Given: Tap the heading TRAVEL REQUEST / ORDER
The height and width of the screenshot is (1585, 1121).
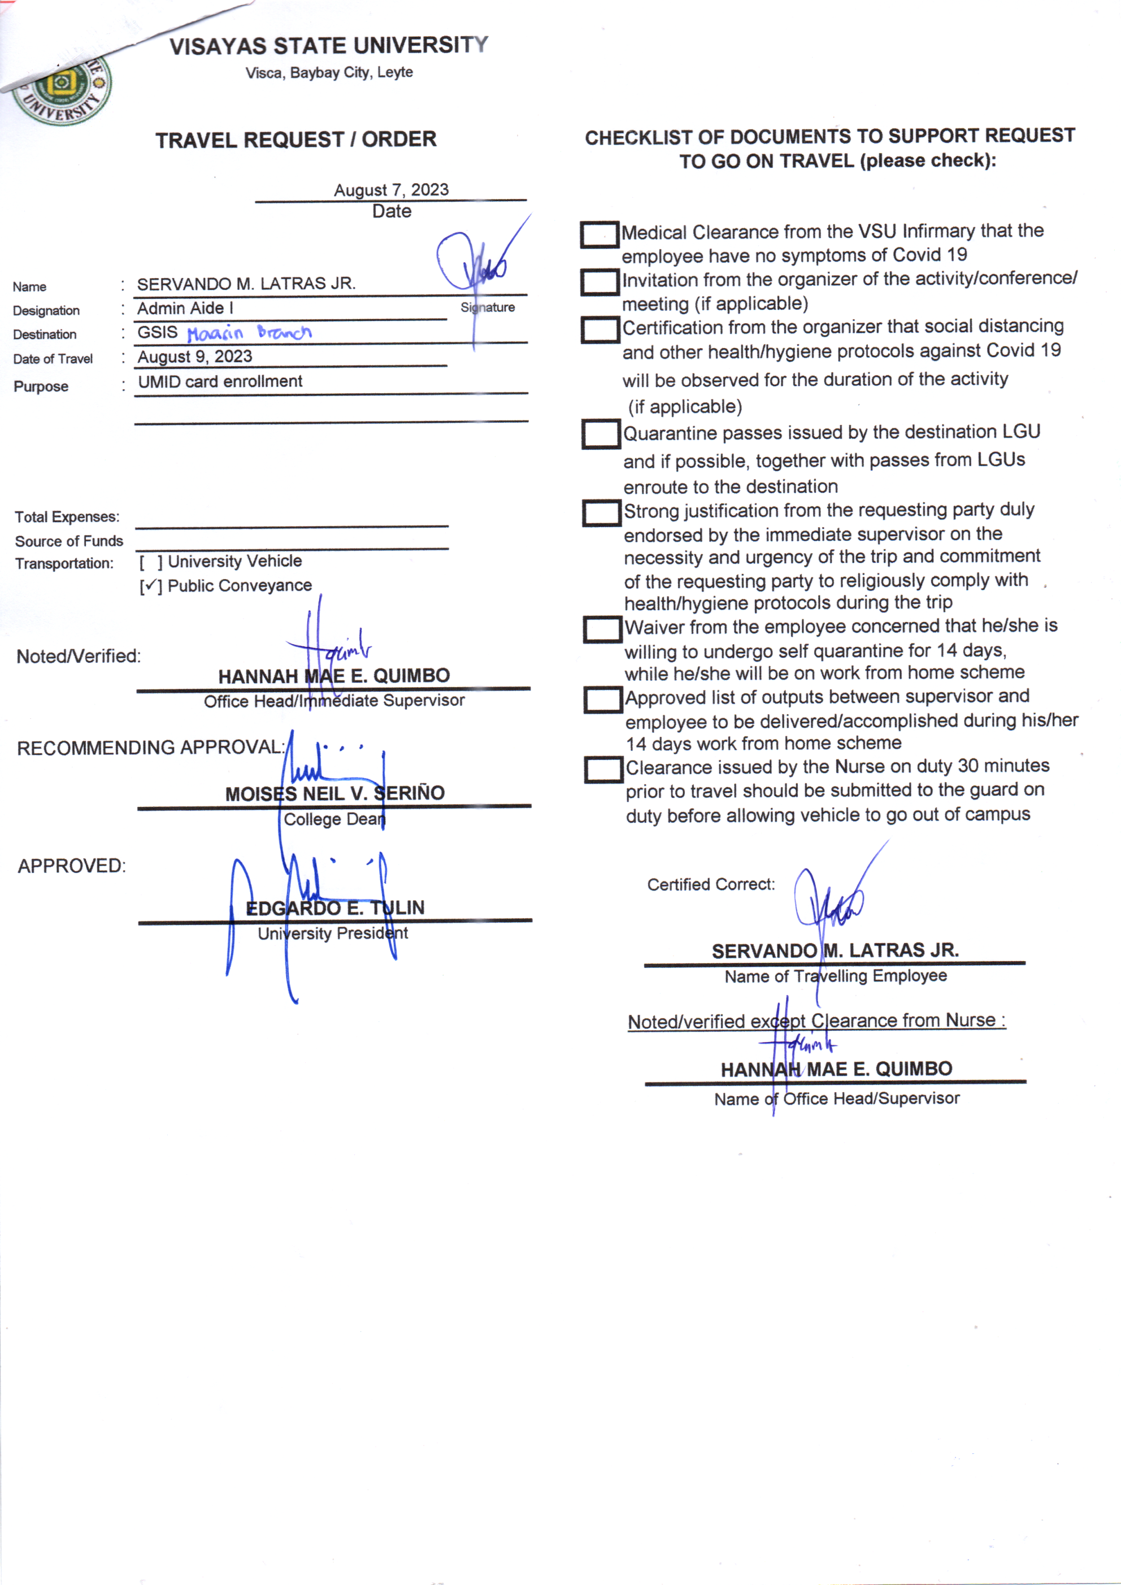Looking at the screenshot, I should [x=296, y=140].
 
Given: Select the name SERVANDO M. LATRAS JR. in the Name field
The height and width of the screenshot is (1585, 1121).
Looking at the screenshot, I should [x=246, y=284].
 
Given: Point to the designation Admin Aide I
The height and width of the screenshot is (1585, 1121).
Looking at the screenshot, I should [x=185, y=309].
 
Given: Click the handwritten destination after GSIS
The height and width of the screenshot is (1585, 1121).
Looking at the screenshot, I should [x=249, y=333].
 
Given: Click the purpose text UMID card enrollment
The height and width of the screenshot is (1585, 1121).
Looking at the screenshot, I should [x=219, y=382].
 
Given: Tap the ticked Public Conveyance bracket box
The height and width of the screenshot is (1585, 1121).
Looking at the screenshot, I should [x=150, y=587].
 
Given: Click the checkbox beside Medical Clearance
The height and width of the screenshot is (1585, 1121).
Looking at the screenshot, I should [x=598, y=235].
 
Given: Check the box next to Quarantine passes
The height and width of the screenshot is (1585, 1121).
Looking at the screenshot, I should [x=600, y=434].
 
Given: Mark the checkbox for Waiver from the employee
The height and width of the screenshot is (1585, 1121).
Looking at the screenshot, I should [x=601, y=629].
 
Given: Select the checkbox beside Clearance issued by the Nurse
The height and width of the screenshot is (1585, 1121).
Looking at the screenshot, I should [x=603, y=770].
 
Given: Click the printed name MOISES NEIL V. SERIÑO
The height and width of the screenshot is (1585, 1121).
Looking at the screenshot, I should [x=335, y=793].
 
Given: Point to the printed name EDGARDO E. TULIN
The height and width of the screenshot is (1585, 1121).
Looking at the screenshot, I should [x=335, y=908].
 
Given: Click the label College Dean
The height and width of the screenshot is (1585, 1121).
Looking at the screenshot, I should [x=334, y=819].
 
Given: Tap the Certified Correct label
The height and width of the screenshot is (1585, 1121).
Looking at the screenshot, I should [x=710, y=884].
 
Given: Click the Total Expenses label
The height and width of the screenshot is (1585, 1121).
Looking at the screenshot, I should [x=67, y=517].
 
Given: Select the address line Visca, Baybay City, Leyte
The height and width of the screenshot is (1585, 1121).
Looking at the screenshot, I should [x=329, y=72].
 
